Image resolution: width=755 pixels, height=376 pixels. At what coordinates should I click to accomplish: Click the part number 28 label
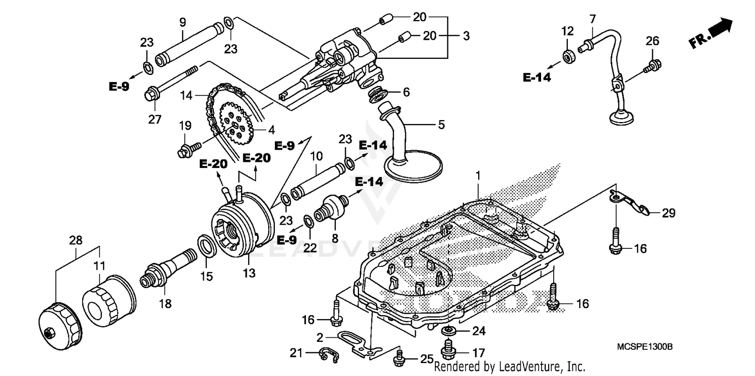click(x=75, y=241)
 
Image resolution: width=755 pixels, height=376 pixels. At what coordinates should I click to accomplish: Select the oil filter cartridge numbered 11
click(x=110, y=300)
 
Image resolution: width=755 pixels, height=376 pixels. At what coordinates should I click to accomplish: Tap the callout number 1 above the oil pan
click(x=478, y=175)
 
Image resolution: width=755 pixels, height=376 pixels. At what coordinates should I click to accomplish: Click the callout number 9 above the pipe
click(x=182, y=22)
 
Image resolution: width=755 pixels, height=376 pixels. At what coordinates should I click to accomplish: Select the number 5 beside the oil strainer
click(x=441, y=124)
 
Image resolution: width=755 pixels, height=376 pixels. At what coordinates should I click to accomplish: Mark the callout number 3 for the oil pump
click(x=466, y=36)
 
